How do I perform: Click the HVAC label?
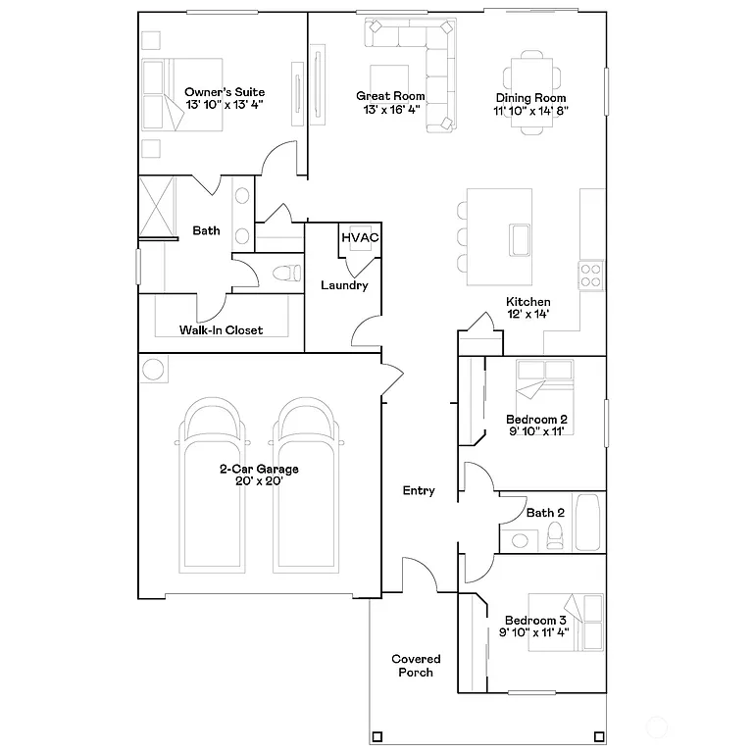point(360,237)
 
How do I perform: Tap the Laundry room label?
point(344,285)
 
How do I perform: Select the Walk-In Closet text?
point(221,330)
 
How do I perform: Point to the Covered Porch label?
point(416,666)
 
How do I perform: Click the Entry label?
point(419,490)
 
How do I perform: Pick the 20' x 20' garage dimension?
point(259,481)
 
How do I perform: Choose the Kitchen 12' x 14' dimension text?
point(527,315)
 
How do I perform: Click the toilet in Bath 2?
point(554,534)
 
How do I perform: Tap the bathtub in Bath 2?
point(588,523)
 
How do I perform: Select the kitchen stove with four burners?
point(590,275)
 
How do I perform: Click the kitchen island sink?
point(518,238)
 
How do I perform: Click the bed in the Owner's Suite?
point(163,95)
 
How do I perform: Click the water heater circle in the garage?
point(154,370)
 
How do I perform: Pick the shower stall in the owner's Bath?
point(156,206)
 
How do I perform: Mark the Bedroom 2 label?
point(537,419)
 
